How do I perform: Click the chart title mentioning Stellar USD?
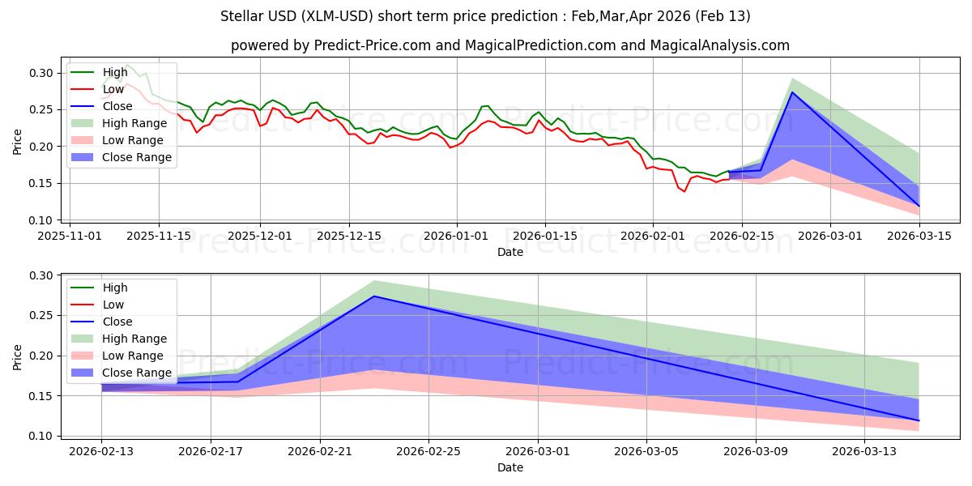coord(485,16)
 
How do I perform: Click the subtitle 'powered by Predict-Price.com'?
coord(509,45)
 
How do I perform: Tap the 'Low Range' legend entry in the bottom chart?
coord(134,356)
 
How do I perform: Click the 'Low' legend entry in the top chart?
coord(114,88)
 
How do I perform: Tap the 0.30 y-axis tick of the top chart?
coord(42,73)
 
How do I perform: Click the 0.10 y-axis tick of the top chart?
coord(42,220)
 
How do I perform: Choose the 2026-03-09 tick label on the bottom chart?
coord(756,451)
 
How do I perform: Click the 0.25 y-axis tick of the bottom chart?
coord(42,316)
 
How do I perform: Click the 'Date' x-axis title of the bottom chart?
coord(509,467)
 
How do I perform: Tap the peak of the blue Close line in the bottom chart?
coord(373,296)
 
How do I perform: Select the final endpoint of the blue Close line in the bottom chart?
coord(919,420)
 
